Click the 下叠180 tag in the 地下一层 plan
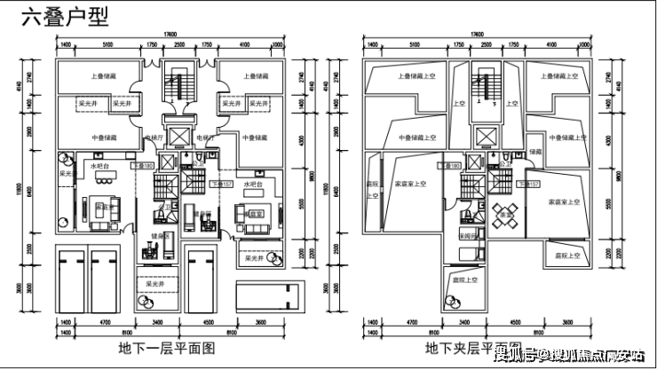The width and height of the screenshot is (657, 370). (143, 165)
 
